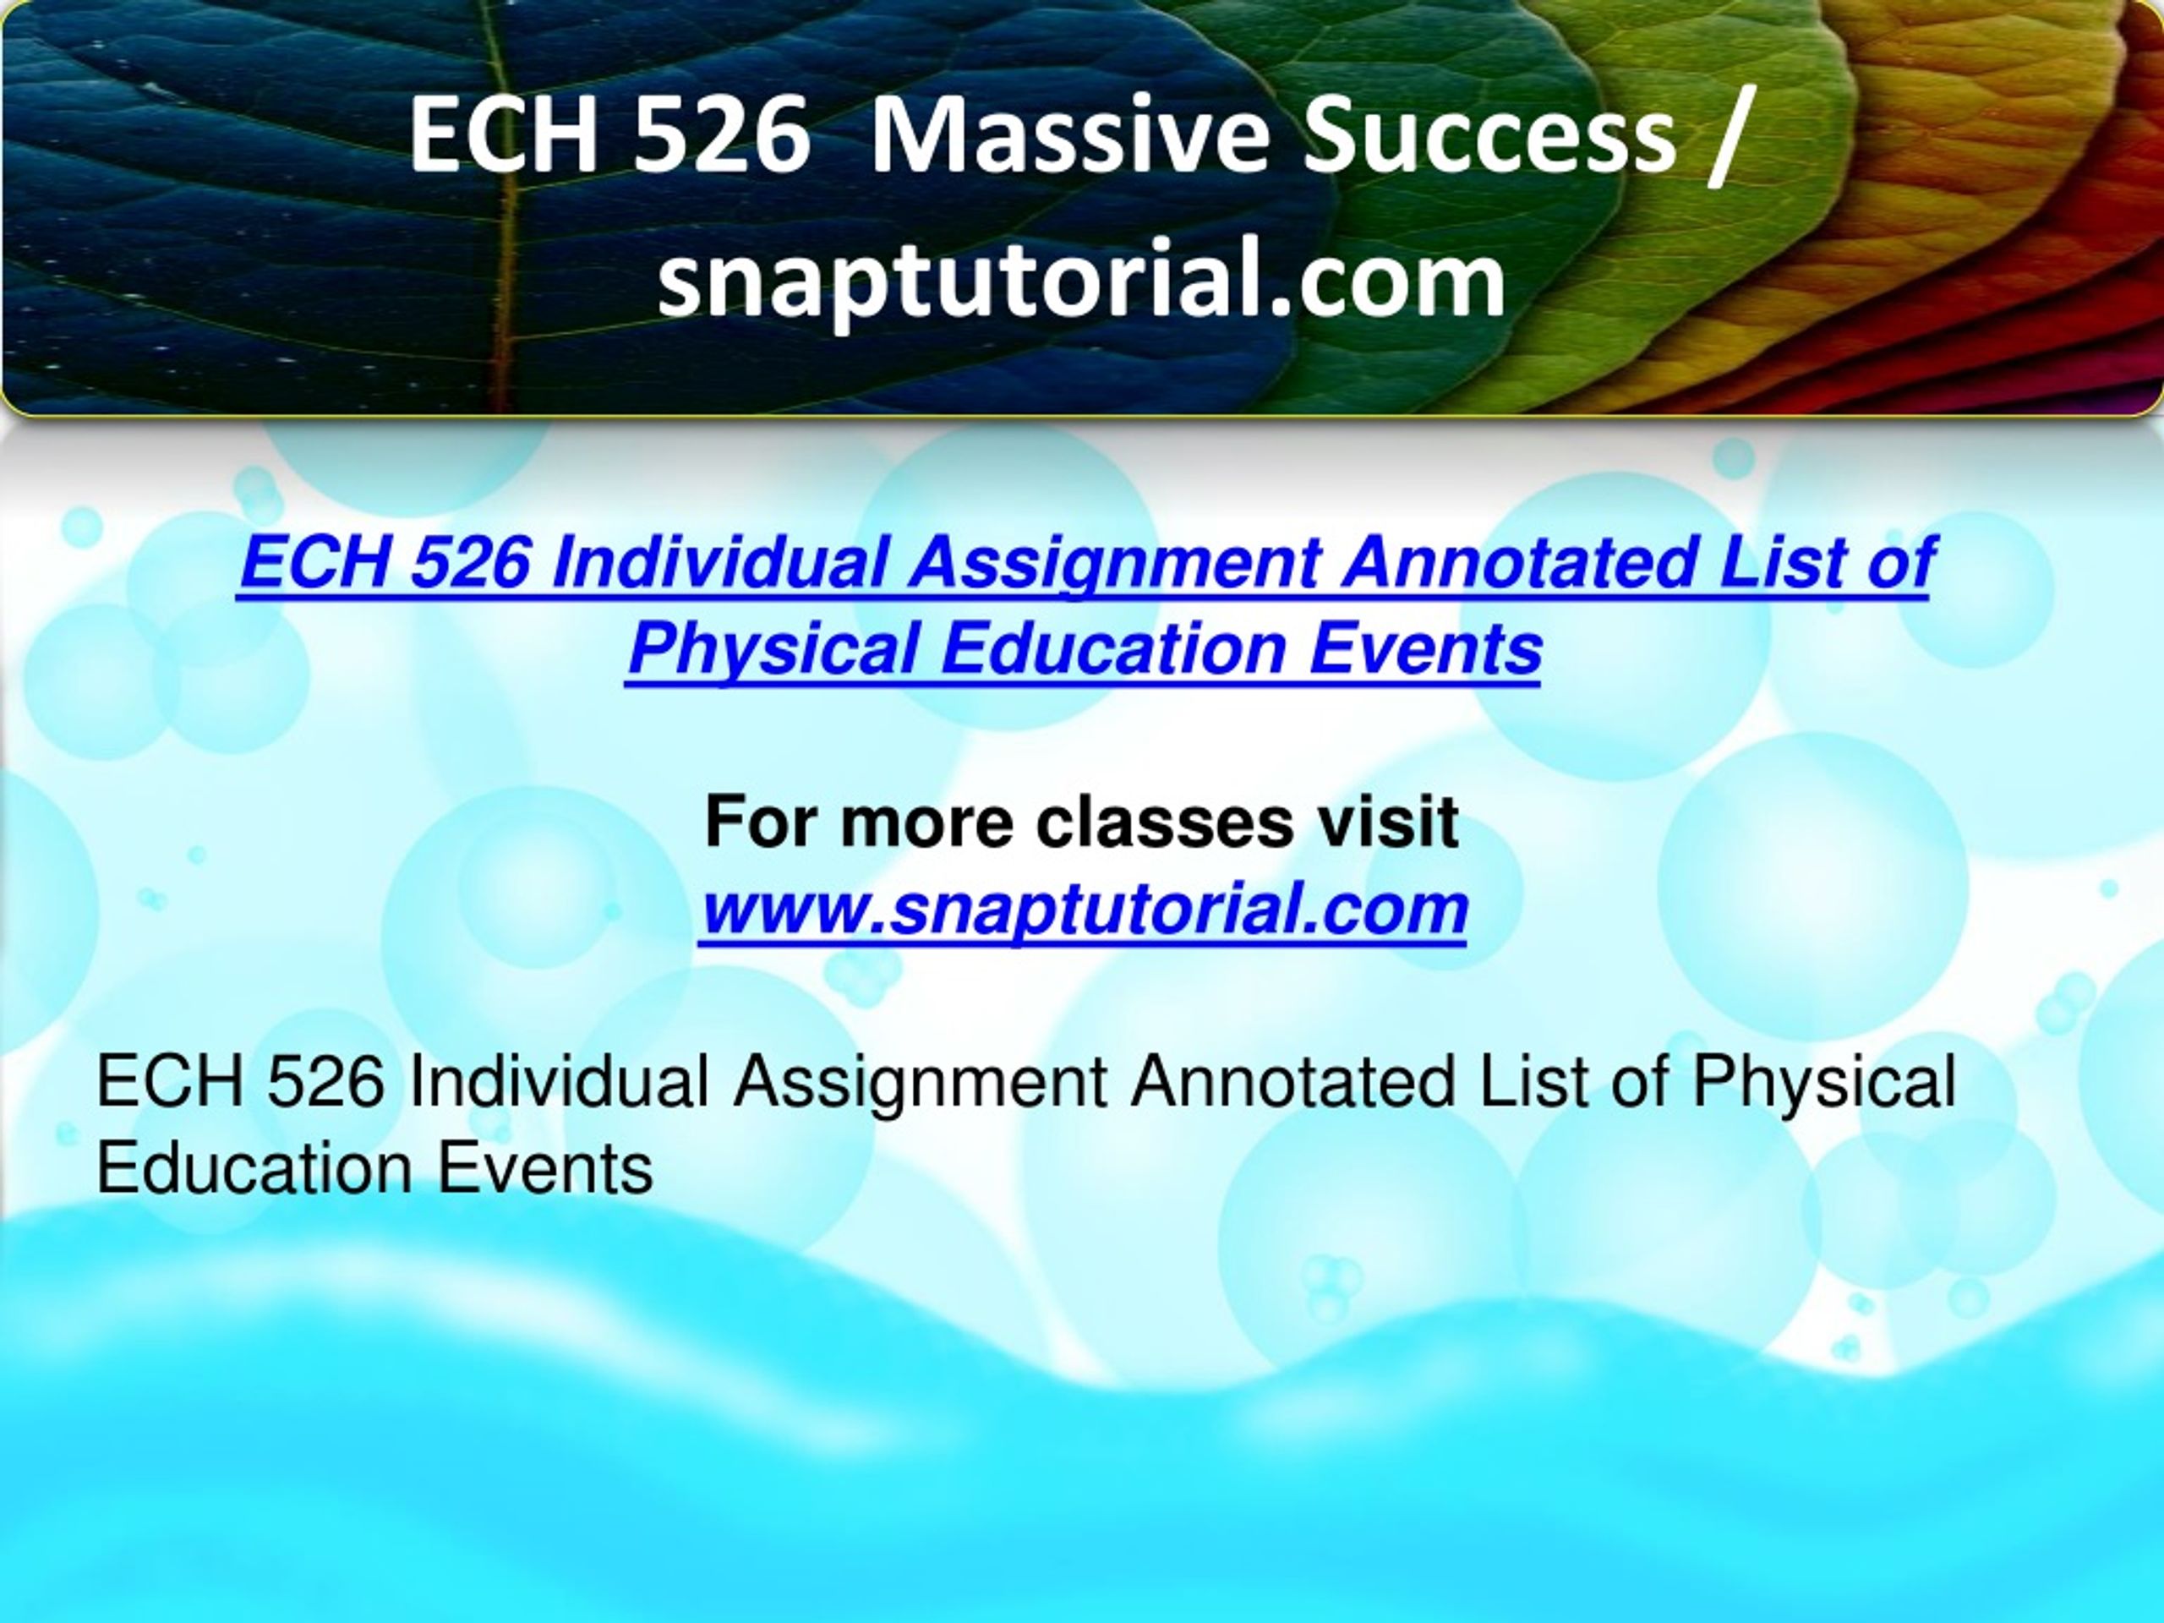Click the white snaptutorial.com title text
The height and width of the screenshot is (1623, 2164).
pos(1081,280)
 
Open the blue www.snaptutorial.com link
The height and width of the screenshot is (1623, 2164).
pos(1084,909)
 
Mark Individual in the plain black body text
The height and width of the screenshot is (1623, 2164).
pos(559,1082)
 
